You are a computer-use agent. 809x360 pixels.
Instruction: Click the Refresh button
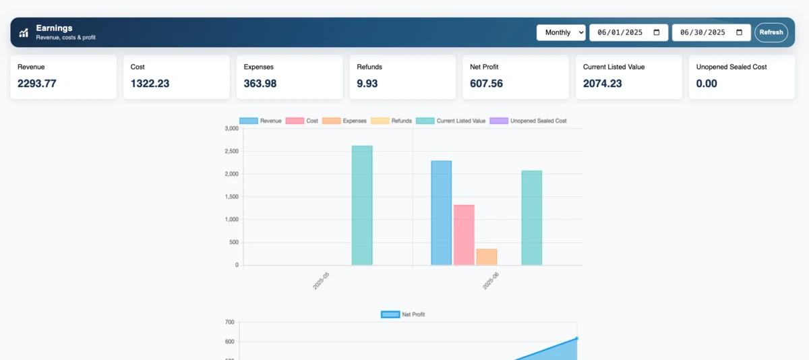click(771, 32)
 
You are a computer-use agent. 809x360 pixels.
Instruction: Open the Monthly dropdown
click(561, 32)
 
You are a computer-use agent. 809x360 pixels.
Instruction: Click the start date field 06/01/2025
click(628, 32)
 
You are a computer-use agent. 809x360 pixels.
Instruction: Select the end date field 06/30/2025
click(711, 32)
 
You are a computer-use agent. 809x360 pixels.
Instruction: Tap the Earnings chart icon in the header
click(24, 32)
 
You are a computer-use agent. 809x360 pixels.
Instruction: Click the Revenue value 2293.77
click(37, 84)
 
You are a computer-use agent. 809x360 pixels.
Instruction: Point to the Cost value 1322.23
click(150, 84)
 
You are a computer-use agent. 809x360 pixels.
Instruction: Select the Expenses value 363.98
click(260, 84)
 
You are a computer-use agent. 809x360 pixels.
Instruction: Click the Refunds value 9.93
click(368, 84)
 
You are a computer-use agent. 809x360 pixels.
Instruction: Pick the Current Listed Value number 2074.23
click(603, 84)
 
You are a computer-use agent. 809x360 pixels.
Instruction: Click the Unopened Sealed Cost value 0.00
click(707, 84)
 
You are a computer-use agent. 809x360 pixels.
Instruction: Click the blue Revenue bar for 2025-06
click(441, 213)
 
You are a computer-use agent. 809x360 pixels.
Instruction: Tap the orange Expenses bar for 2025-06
click(486, 257)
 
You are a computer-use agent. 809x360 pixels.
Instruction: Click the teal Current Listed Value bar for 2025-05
click(362, 206)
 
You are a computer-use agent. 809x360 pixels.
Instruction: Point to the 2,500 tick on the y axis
click(231, 151)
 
